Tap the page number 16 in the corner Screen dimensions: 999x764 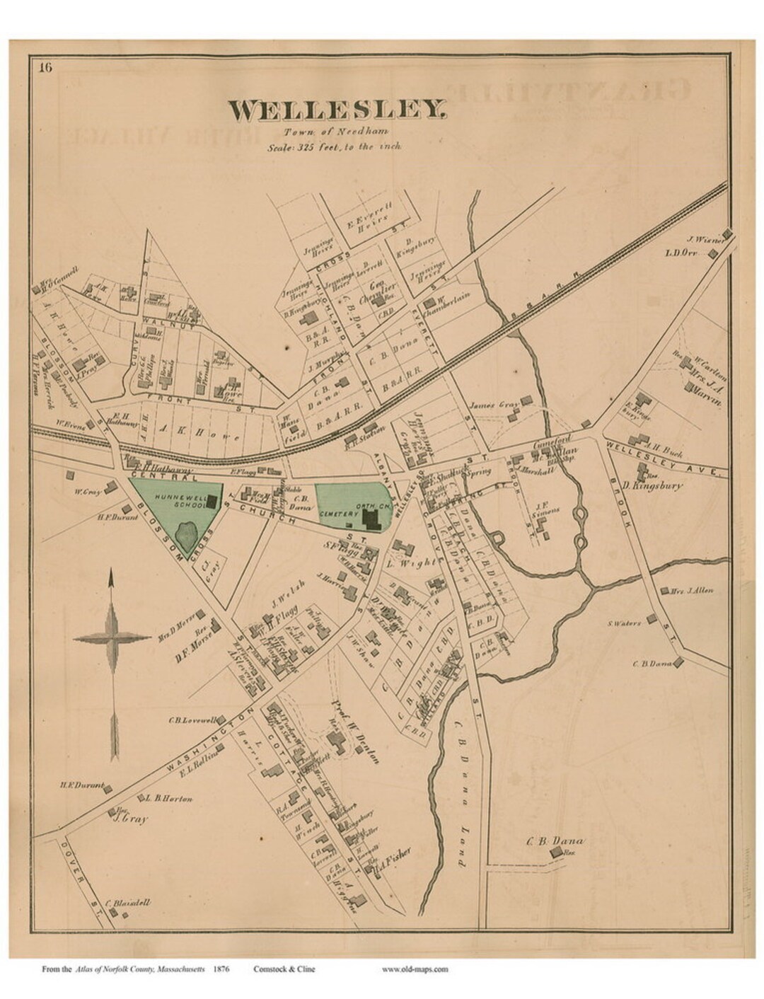tap(45, 68)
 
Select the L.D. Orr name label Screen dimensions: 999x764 tap(683, 253)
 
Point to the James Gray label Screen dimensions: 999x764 tap(494, 405)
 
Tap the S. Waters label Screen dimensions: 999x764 tap(624, 623)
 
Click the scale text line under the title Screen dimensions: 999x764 tap(335, 146)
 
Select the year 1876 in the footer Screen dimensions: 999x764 tap(224, 969)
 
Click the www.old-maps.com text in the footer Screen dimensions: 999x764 tap(414, 969)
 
